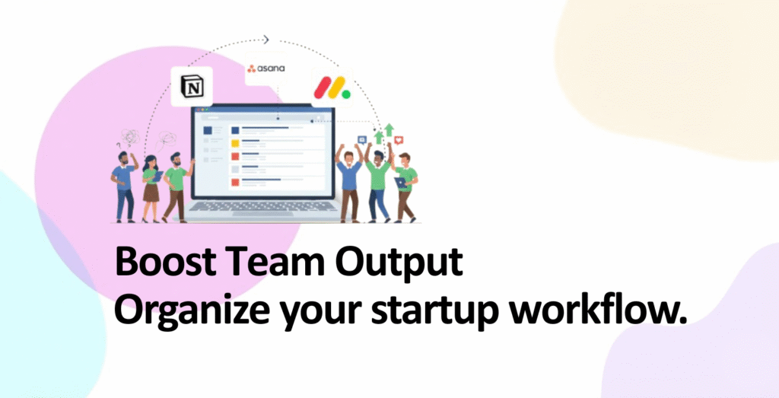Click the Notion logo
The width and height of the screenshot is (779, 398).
[x=192, y=87]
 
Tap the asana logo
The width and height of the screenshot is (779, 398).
[x=265, y=68]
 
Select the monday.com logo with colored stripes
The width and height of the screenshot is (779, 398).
[x=332, y=88]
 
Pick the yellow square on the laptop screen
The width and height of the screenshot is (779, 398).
[x=235, y=144]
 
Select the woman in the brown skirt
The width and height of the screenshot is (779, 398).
[x=151, y=188]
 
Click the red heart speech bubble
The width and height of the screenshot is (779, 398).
[x=399, y=140]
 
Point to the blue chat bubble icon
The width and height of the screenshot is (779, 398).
[x=362, y=140]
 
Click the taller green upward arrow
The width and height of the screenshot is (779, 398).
[x=389, y=130]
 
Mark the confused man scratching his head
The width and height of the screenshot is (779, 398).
[x=123, y=186]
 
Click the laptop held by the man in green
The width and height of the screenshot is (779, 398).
[x=400, y=183]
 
